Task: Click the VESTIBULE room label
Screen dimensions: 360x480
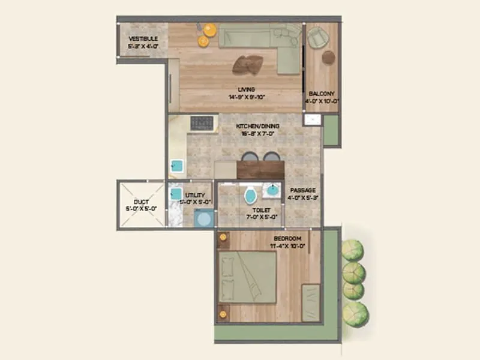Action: click(143, 39)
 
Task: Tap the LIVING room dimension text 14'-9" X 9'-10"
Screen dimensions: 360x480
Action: click(246, 97)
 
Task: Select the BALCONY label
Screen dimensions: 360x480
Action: click(322, 94)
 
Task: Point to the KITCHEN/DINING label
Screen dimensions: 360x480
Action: click(245, 126)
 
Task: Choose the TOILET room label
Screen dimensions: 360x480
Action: click(262, 211)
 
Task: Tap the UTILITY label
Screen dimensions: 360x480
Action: click(196, 196)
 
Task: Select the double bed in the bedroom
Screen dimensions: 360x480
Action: click(247, 277)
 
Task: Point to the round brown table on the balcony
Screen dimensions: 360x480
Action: click(328, 57)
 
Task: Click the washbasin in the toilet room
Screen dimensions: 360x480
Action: click(272, 190)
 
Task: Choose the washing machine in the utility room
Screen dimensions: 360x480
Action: click(204, 218)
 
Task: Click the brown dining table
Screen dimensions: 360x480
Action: click(260, 169)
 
